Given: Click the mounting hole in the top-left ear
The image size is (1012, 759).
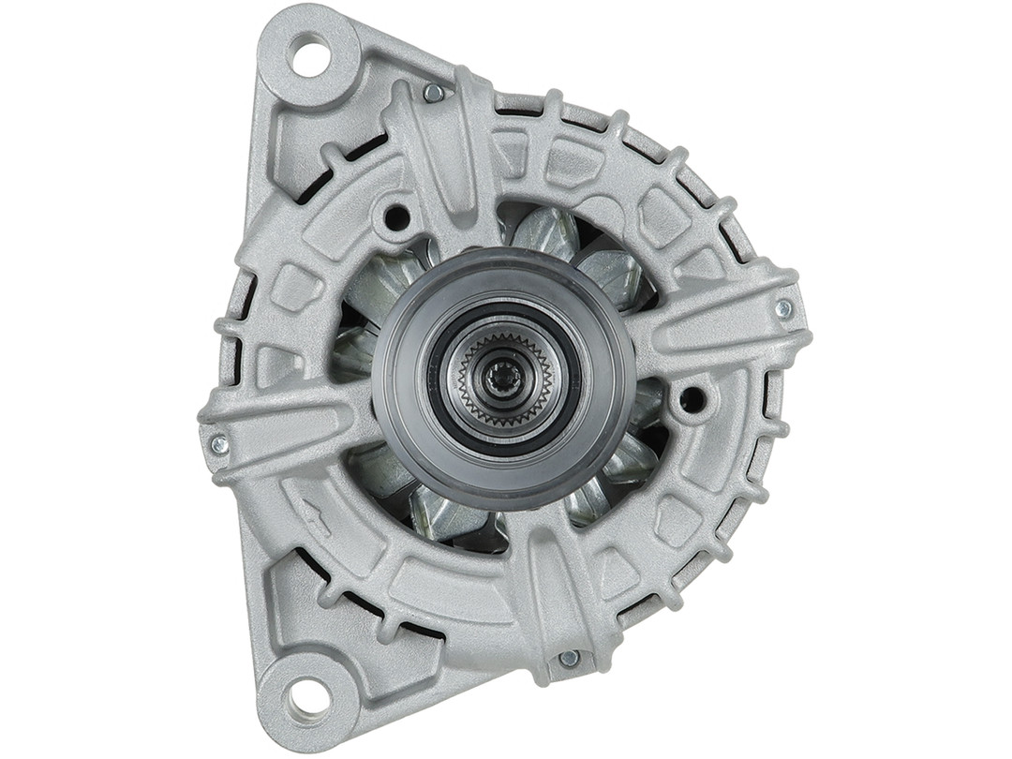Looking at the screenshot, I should (311, 55).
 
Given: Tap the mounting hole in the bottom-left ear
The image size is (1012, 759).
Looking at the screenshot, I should (307, 696).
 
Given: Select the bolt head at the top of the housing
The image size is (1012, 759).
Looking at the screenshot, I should (433, 93).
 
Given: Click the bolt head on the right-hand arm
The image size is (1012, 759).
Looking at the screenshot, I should (783, 308).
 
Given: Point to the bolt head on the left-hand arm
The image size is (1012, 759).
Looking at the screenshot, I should (219, 444).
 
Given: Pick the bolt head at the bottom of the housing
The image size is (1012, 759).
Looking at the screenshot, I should (569, 659).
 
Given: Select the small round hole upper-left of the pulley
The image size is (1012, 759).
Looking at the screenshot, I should (397, 217).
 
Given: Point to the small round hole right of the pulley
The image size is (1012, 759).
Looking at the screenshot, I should (692, 400).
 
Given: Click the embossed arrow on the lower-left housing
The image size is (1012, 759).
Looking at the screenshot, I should (315, 517).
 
